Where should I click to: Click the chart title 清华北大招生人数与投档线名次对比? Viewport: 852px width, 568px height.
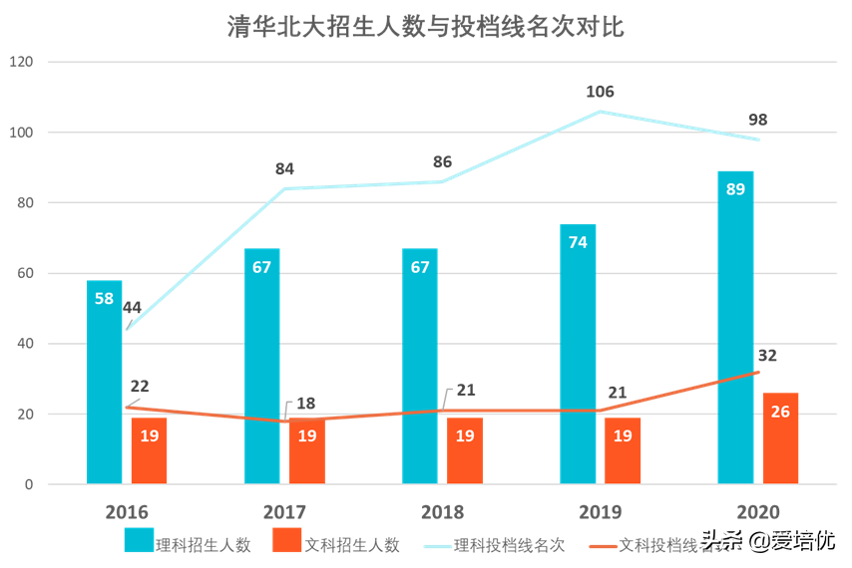[426, 27]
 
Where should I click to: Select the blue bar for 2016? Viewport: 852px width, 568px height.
[104, 383]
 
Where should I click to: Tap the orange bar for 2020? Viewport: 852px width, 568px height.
[780, 438]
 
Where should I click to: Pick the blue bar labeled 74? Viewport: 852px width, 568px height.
[578, 354]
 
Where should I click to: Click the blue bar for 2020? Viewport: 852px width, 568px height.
[735, 328]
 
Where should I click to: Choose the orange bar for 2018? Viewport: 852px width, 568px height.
[465, 450]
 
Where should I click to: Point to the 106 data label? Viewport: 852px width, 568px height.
[600, 92]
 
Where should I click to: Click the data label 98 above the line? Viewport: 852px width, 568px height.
[757, 121]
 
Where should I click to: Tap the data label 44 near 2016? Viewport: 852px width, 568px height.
[133, 308]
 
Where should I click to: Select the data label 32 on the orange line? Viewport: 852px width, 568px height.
[767, 356]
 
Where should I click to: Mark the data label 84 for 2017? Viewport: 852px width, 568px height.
[285, 169]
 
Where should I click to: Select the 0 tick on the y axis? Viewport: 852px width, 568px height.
[29, 485]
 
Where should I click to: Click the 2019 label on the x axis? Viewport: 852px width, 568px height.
[600, 512]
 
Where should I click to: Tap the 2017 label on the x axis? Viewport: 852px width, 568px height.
[285, 512]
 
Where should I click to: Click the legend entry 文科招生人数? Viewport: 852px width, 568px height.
[336, 544]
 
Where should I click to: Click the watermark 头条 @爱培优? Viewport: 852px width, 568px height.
[767, 542]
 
